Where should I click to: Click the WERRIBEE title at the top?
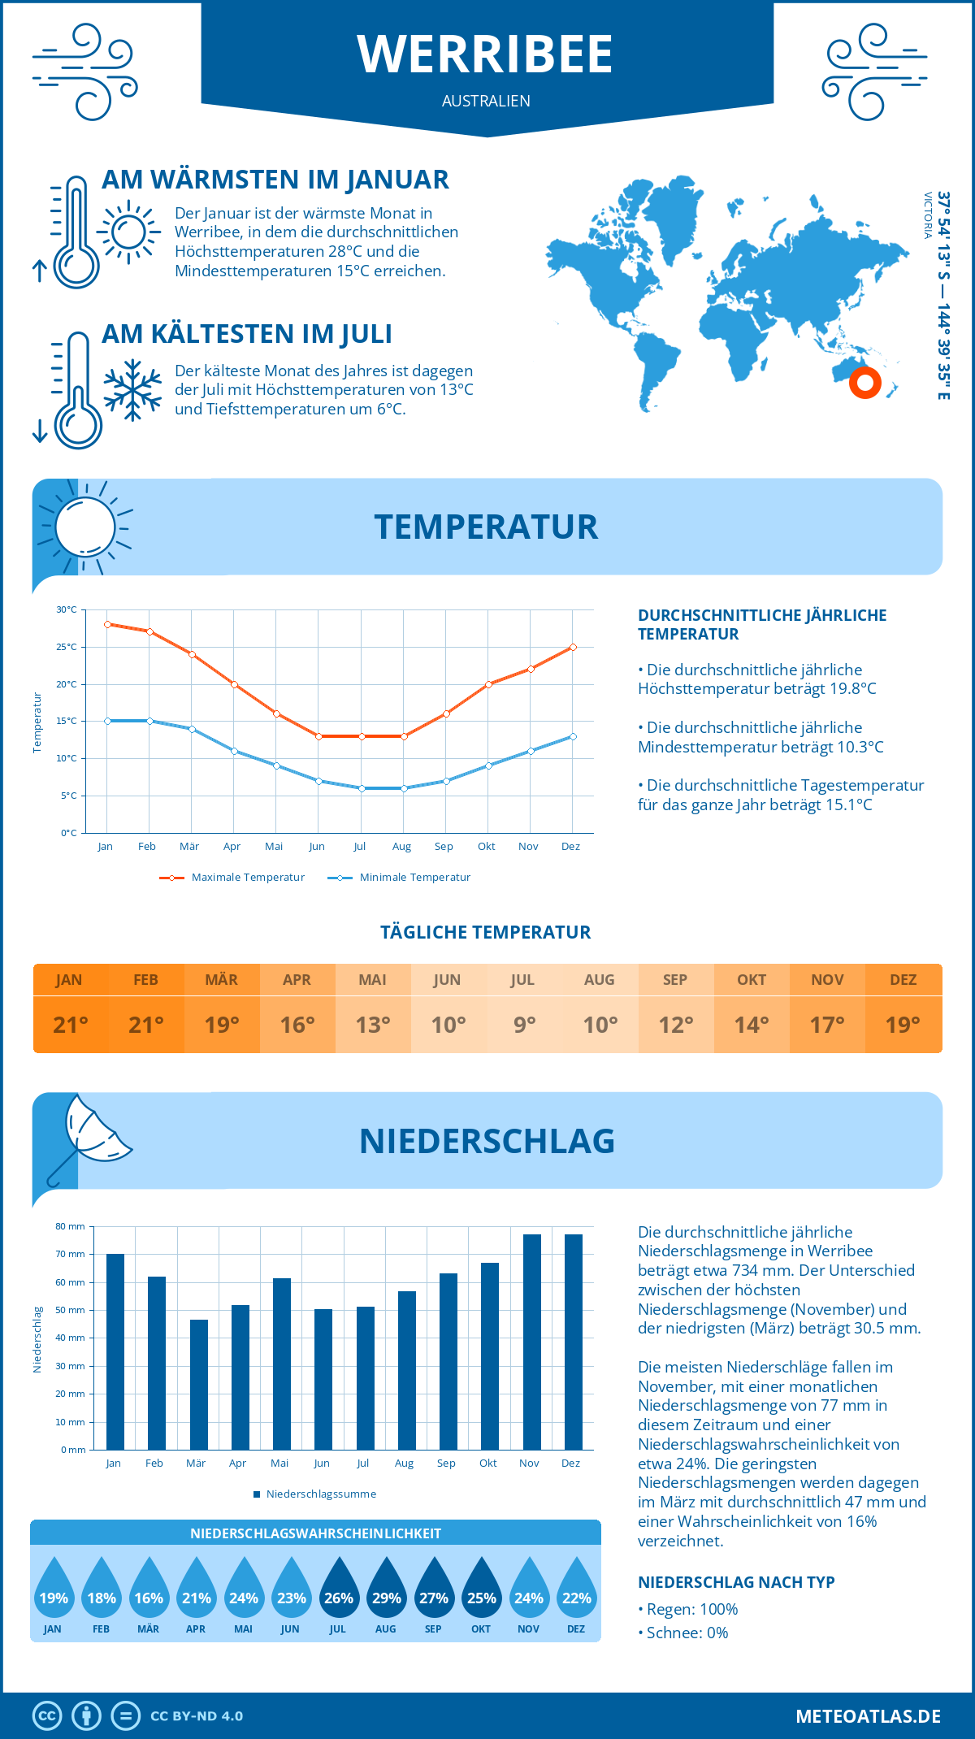click(485, 54)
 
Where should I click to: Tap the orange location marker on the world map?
click(864, 382)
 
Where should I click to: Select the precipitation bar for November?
click(531, 1341)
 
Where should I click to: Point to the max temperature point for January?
click(107, 624)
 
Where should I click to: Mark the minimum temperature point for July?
click(362, 788)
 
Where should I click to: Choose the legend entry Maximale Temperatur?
click(232, 878)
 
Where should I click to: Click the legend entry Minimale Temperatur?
click(400, 878)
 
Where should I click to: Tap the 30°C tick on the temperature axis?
click(67, 609)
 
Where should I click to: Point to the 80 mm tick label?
click(71, 1226)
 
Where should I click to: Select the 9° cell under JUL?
click(524, 1025)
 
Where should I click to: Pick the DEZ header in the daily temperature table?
click(903, 980)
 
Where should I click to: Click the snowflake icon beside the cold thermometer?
click(132, 390)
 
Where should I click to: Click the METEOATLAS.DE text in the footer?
click(868, 1716)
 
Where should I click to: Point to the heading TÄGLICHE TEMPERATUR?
click(486, 932)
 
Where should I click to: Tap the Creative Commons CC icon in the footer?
click(47, 1716)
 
